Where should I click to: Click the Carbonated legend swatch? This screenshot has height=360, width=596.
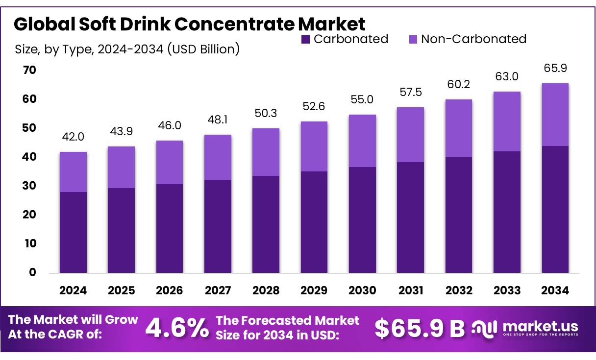coord(305,39)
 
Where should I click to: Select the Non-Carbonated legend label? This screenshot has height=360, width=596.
coord(473,39)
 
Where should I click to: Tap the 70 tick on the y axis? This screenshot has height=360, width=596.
coord(29,71)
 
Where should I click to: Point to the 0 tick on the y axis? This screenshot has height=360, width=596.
coord(32,273)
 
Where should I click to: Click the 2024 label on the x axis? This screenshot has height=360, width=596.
coord(73,290)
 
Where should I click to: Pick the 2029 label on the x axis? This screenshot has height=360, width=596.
coord(314,290)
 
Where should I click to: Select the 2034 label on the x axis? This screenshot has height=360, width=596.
coord(555,290)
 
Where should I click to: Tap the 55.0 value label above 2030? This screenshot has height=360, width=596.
coord(363,99)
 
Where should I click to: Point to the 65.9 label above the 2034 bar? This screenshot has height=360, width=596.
coord(555,68)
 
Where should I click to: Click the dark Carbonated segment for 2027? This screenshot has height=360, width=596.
coord(218,226)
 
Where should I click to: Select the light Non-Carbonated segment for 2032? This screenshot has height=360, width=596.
coord(459,128)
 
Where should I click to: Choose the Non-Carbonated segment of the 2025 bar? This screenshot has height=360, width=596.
coord(121,167)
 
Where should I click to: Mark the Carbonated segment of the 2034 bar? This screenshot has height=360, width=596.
coord(555,209)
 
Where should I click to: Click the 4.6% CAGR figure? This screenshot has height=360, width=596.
coord(177,329)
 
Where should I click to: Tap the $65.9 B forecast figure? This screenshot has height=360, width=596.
coord(420,329)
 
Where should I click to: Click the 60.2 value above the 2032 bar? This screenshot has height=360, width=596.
coord(459,84)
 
